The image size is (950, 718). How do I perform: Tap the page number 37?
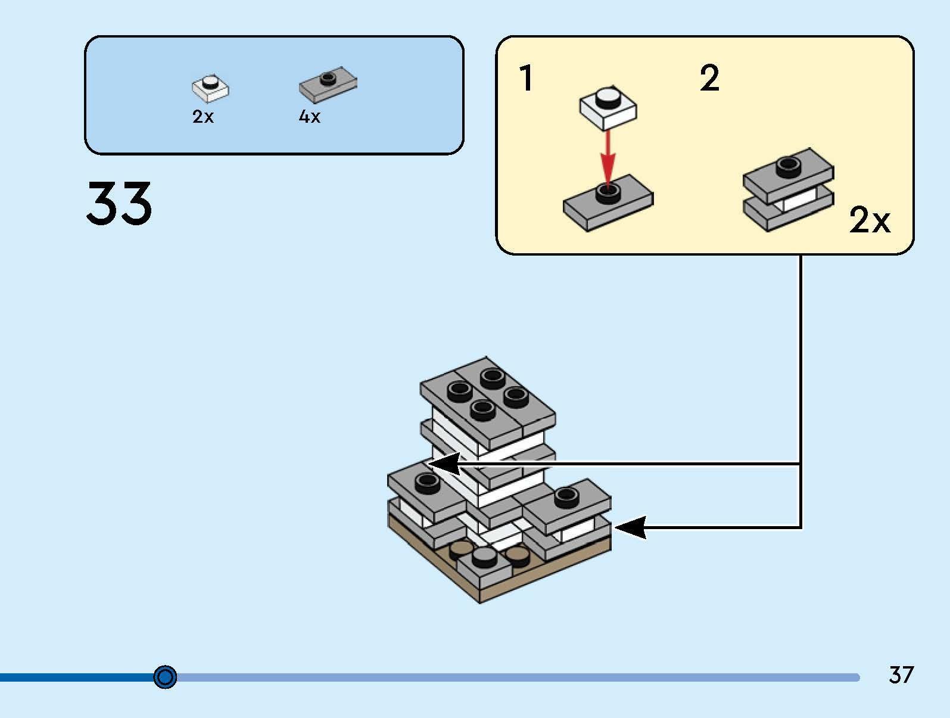click(x=901, y=675)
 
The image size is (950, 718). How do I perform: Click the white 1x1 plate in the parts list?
click(x=210, y=88)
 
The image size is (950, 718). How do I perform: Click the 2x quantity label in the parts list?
click(x=203, y=117)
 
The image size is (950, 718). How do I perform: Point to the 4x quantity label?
click(x=309, y=117)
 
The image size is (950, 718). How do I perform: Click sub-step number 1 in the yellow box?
click(x=525, y=78)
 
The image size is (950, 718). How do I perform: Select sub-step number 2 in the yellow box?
click(x=709, y=78)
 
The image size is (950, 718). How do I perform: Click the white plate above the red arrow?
click(x=608, y=107)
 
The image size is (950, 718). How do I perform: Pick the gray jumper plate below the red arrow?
click(x=608, y=203)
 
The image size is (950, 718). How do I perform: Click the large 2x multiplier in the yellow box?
click(x=869, y=220)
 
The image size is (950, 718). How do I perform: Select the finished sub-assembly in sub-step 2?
click(x=787, y=189)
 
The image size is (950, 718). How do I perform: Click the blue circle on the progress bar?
click(x=165, y=677)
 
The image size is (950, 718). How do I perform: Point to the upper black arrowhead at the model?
click(x=444, y=464)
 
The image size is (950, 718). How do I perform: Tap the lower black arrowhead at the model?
click(x=630, y=527)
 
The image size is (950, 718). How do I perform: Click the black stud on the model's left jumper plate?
click(x=426, y=481)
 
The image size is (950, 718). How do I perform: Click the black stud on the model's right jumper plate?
click(x=566, y=496)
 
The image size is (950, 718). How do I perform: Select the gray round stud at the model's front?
click(x=484, y=557)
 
